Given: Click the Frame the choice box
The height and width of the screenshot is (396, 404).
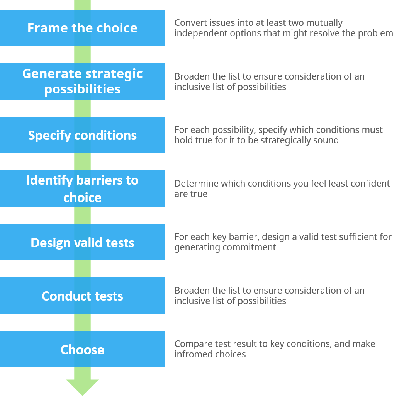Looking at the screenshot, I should [x=82, y=28].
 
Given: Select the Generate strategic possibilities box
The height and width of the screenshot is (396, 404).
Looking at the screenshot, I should [x=82, y=82].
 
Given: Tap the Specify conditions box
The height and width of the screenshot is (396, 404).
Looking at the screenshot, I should [x=82, y=135].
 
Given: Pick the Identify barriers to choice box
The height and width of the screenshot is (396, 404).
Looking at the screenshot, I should [x=82, y=189].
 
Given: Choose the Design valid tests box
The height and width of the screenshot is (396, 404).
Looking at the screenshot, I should [x=82, y=242].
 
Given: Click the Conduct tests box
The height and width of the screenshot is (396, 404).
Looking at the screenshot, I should [x=82, y=296].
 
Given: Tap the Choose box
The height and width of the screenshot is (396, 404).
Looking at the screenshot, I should [x=82, y=349].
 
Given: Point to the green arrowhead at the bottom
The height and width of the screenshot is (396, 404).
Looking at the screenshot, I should [x=82, y=386].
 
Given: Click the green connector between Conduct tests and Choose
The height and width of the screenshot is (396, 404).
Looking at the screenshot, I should [x=82, y=322].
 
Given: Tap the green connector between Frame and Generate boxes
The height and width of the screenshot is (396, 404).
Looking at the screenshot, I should [x=82, y=55].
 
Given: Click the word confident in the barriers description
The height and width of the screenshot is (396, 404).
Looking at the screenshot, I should [x=372, y=184].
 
